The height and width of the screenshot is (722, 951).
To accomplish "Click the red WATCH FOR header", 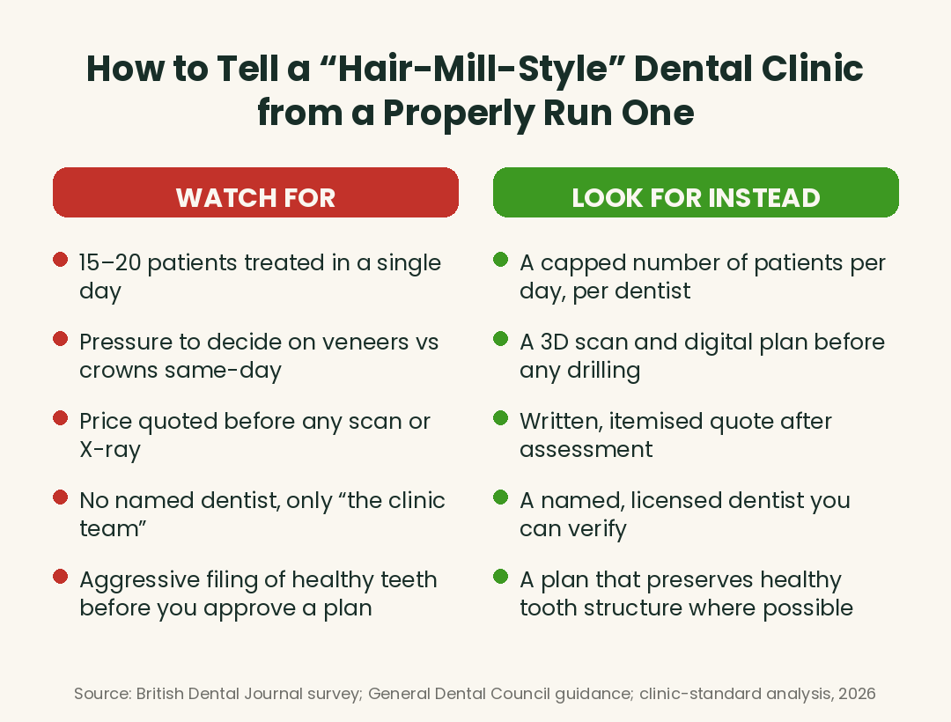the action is (x=255, y=192).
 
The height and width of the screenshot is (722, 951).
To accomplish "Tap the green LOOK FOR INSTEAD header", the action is (x=696, y=192).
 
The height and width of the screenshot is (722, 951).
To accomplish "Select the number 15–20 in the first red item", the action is (x=110, y=262).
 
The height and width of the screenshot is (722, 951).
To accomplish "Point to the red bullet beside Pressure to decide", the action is (x=60, y=339).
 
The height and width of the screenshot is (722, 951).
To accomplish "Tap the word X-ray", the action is (x=110, y=450).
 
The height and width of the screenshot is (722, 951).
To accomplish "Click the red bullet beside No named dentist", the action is (x=60, y=497).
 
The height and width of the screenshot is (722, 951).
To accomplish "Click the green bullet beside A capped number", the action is (x=500, y=260).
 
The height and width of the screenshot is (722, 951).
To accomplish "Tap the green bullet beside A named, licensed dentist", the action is (x=500, y=497).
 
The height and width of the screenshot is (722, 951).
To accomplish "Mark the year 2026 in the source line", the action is (x=857, y=694).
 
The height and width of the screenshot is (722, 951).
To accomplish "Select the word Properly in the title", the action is (x=459, y=114).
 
